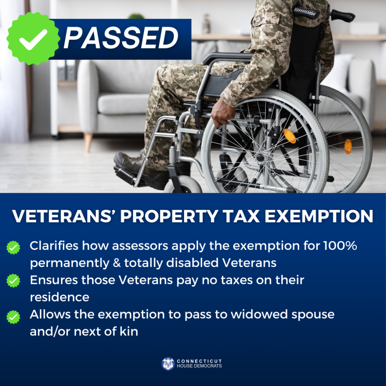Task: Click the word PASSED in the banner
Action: click(x=121, y=38)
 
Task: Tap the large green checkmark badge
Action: click(x=33, y=38)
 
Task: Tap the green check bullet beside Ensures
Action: click(x=13, y=281)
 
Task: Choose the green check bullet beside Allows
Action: click(x=13, y=316)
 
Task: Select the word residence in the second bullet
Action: click(x=60, y=297)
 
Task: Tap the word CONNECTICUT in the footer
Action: click(x=200, y=361)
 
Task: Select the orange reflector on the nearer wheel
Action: click(x=290, y=136)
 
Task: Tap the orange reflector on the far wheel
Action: click(x=348, y=146)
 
